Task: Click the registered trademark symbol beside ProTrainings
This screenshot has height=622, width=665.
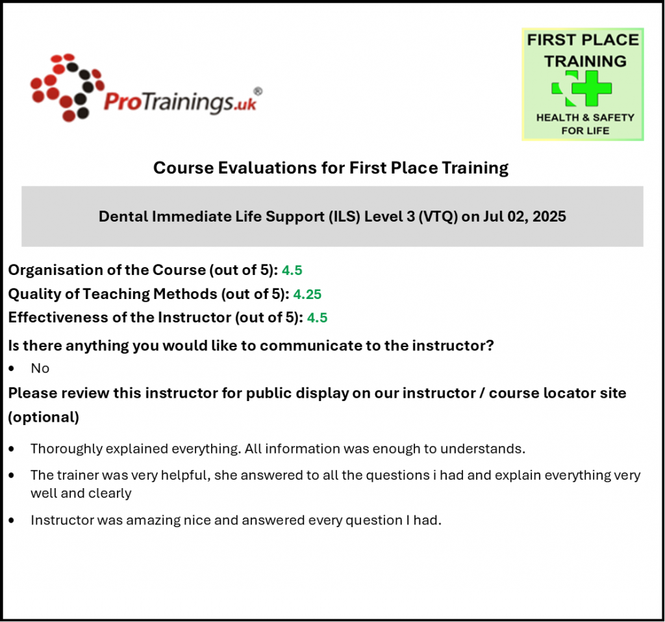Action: click(x=258, y=91)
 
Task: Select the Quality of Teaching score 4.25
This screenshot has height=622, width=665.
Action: click(x=307, y=294)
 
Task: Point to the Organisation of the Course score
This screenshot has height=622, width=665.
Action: click(x=292, y=270)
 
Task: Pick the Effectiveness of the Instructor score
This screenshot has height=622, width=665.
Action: click(x=317, y=318)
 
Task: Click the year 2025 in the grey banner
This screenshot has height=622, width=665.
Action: click(x=549, y=216)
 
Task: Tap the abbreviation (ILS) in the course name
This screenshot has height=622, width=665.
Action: click(x=344, y=216)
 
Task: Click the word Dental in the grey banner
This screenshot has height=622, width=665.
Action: click(x=123, y=216)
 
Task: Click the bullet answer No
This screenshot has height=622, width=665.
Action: click(x=40, y=368)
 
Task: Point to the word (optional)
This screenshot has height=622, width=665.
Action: click(x=44, y=417)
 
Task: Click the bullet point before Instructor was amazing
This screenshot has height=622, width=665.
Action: click(x=12, y=521)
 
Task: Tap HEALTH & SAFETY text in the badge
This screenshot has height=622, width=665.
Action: click(x=585, y=118)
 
